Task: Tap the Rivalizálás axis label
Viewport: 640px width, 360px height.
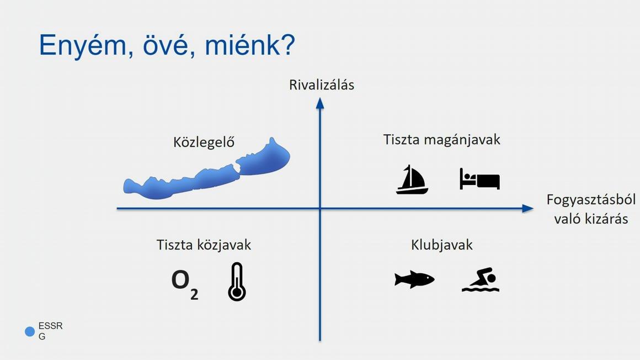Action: pos(322,85)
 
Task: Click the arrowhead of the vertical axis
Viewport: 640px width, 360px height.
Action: pos(320,104)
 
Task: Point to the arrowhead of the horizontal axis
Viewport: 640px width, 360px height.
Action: pos(528,208)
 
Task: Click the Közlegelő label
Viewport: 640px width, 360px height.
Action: pos(204,142)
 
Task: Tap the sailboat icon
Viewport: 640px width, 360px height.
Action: pos(412,179)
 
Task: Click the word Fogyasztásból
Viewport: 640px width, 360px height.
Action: pos(591,200)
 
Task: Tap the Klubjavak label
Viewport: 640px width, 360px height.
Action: pos(441,245)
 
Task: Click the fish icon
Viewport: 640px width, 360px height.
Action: pos(414,279)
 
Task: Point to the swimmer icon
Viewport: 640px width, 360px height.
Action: pos(481,280)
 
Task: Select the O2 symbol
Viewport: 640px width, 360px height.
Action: pos(184,284)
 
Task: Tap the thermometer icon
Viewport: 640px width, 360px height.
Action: pos(237,282)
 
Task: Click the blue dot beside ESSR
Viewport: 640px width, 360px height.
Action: pos(30,331)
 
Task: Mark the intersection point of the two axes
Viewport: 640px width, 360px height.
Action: pos(320,208)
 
